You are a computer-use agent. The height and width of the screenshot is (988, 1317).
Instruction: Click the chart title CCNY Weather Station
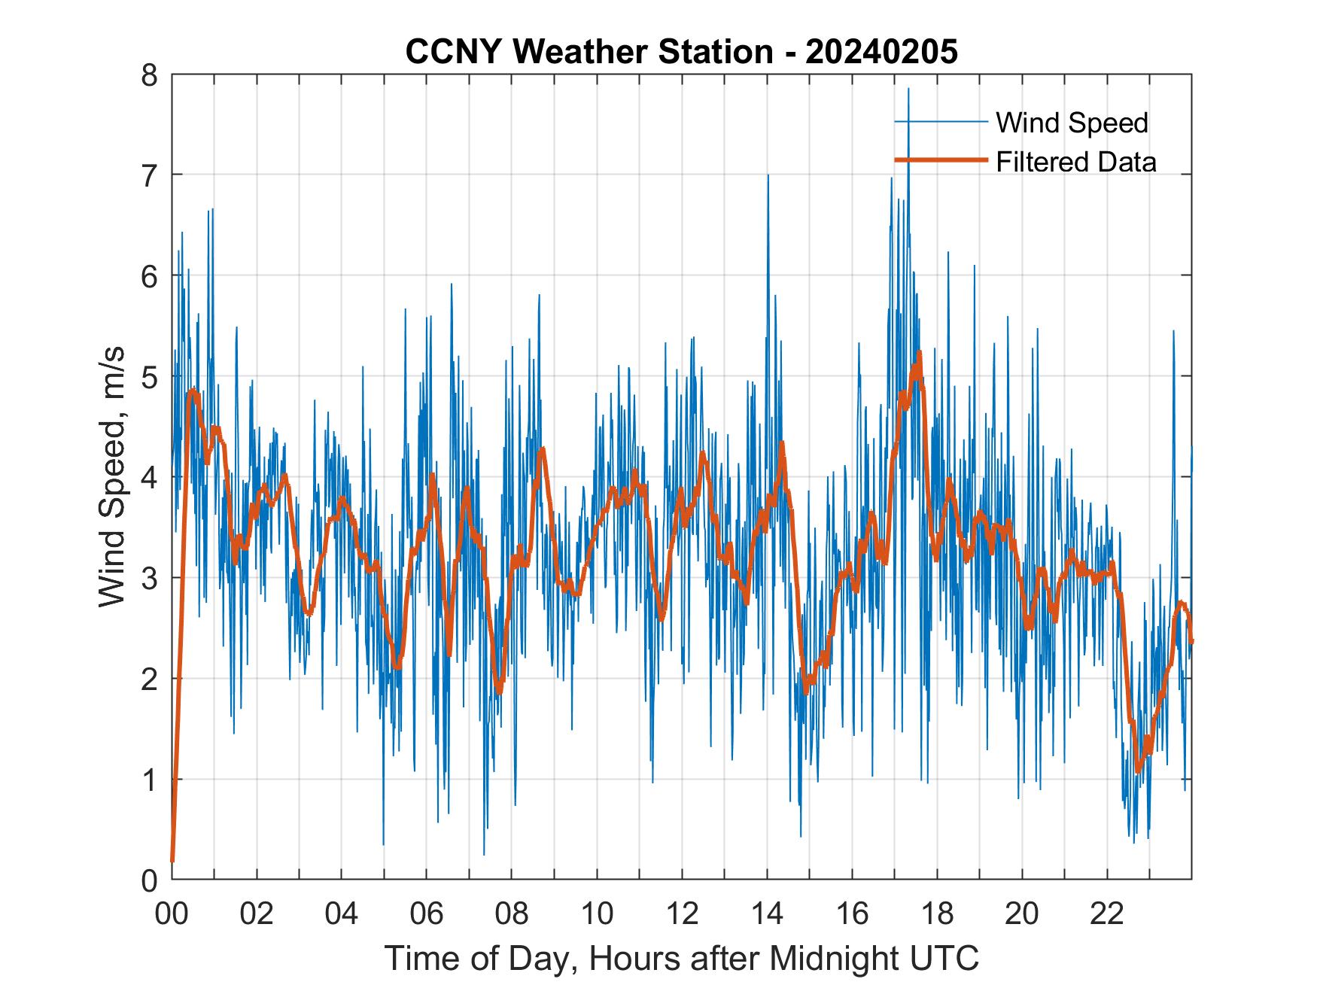tap(589, 52)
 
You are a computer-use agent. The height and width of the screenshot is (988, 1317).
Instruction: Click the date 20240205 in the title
tap(881, 52)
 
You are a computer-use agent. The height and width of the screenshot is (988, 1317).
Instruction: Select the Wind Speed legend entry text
tap(1072, 123)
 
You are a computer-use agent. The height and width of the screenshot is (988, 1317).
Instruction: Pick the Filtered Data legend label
tap(1075, 162)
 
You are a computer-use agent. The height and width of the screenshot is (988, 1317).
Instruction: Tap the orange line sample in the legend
tap(940, 160)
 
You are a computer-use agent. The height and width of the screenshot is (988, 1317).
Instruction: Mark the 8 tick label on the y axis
tap(150, 74)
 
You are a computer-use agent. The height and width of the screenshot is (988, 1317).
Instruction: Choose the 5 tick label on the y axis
tap(150, 376)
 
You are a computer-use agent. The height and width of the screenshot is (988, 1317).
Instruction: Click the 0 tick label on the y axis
tap(150, 879)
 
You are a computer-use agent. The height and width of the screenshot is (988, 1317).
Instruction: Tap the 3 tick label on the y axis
tap(150, 578)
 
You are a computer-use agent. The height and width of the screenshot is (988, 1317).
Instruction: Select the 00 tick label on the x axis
tap(172, 914)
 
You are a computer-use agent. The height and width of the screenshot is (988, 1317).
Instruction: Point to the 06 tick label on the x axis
tap(427, 914)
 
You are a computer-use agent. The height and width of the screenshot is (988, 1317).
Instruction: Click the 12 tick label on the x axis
tap(682, 914)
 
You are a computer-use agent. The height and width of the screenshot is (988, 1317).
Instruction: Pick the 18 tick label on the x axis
tap(937, 914)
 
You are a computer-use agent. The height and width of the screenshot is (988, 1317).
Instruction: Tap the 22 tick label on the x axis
tap(1107, 914)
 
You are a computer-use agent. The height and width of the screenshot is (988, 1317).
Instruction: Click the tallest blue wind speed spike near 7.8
tap(908, 90)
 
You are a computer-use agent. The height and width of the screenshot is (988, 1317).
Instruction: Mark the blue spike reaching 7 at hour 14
tap(768, 177)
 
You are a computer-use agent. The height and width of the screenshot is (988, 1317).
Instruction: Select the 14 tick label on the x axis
tap(767, 914)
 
